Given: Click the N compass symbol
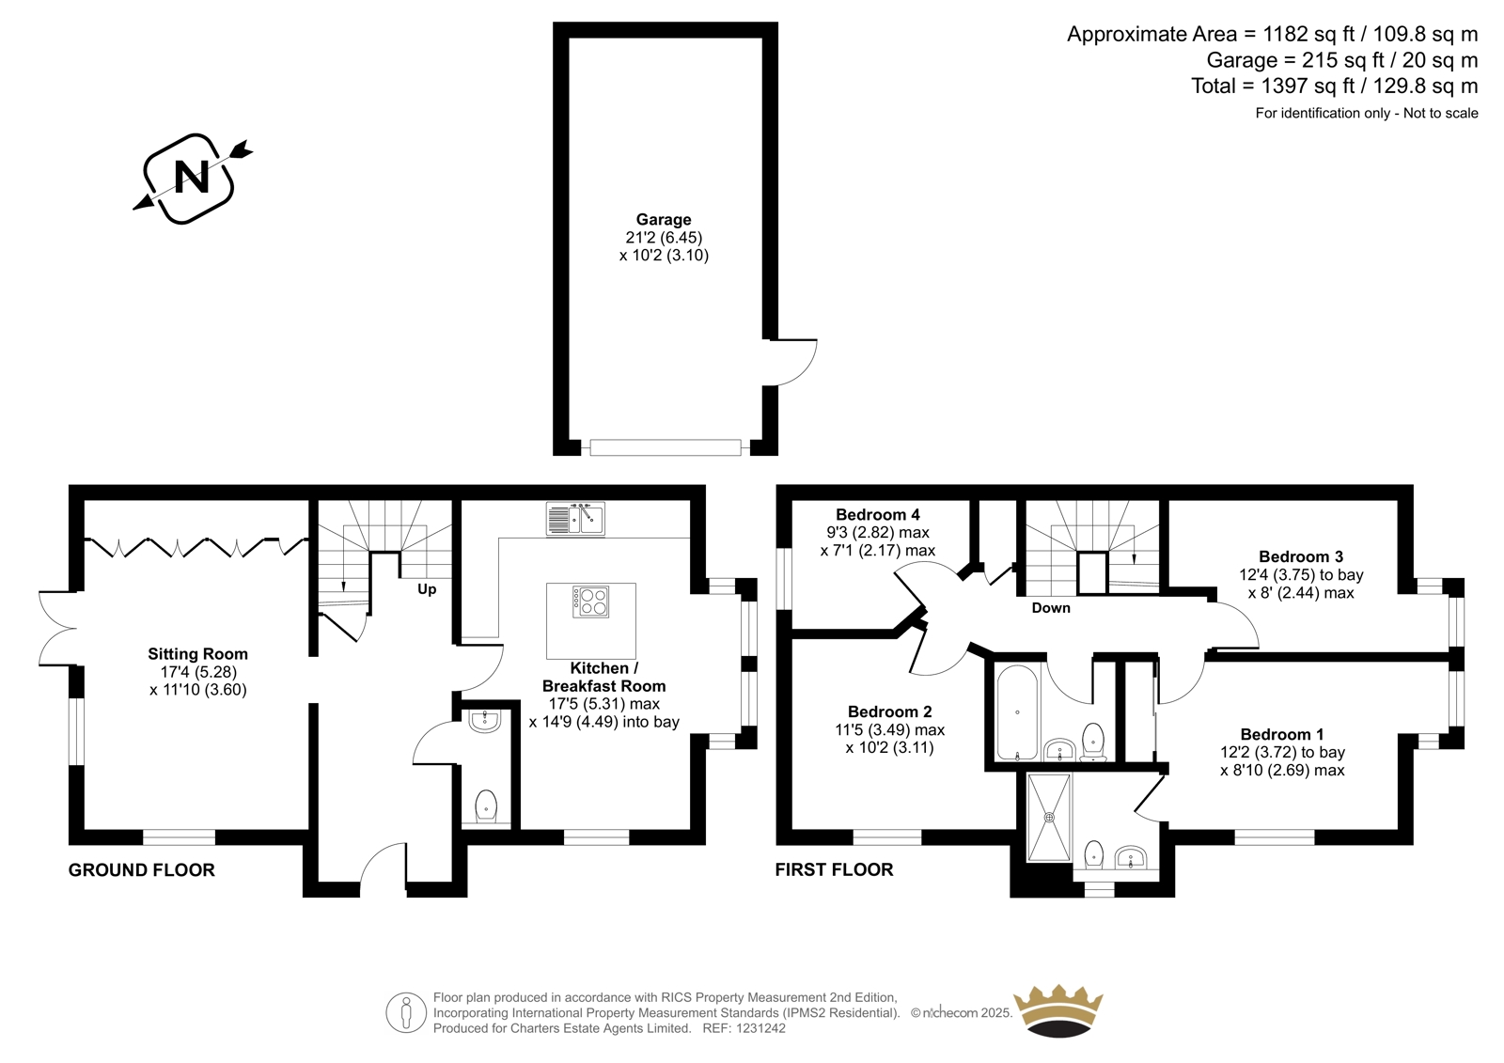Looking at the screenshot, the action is click(192, 178).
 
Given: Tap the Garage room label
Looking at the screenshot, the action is click(664, 220).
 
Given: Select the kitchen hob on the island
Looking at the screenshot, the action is click(591, 602).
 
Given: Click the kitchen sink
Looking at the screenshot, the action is click(575, 519).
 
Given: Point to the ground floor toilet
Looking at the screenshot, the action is click(486, 805).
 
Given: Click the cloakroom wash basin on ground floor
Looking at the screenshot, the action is click(485, 722).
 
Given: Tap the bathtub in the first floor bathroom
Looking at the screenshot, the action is click(1017, 712).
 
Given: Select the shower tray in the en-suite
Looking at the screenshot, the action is click(1049, 818).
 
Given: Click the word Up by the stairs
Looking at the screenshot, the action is click(427, 589).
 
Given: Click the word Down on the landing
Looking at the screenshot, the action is click(1051, 608).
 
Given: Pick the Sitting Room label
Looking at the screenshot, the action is click(198, 654).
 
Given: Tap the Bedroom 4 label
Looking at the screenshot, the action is click(878, 515).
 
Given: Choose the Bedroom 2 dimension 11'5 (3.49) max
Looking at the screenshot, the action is click(889, 730).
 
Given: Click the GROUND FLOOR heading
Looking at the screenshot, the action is click(142, 870).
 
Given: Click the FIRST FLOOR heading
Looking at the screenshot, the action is click(835, 870).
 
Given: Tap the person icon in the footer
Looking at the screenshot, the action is click(406, 1012).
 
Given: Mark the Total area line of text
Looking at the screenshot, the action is click(1334, 86).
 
